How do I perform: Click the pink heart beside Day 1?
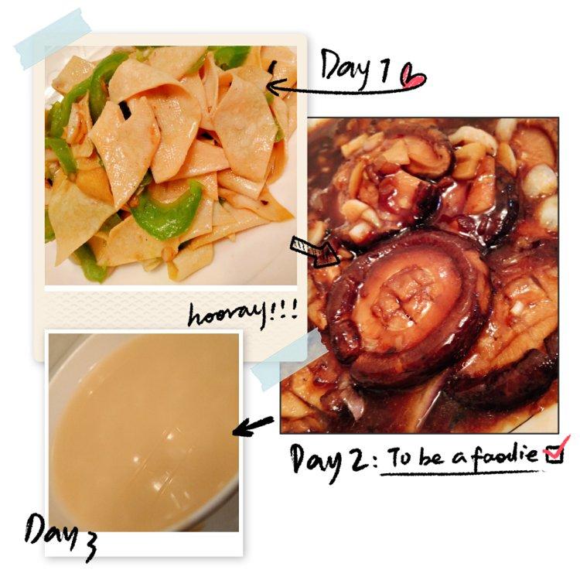coord(413,77)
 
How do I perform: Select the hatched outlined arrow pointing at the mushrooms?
coord(315,251)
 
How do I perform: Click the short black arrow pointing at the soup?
coord(253,425)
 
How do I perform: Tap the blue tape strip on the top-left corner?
coord(53,39)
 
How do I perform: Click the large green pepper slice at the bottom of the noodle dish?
coord(166,213)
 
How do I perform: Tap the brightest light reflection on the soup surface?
coord(169,436)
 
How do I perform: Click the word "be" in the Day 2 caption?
coord(430,456)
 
